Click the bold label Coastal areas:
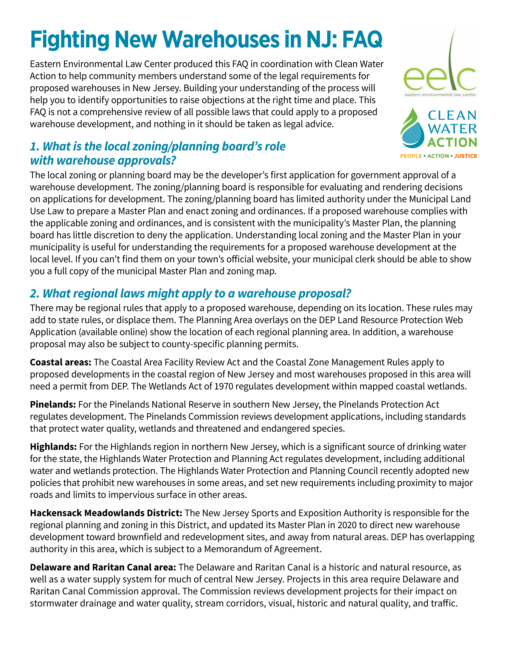coord(60,362)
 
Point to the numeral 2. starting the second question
coord(35,293)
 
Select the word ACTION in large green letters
coord(452,142)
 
